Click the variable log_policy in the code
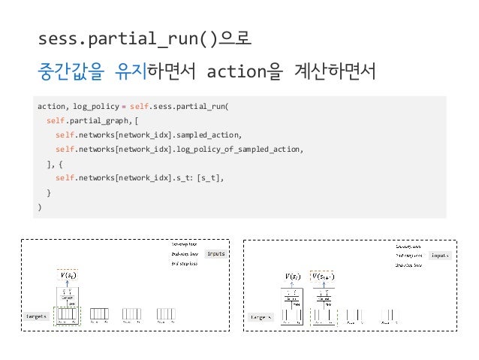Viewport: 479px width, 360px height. click(x=96, y=107)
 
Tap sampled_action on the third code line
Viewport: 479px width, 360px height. click(x=213, y=135)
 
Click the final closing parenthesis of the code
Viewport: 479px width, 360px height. click(x=40, y=207)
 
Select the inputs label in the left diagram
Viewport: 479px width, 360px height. click(x=215, y=254)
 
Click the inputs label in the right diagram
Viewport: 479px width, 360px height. click(x=441, y=256)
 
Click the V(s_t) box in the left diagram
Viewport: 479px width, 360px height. click(x=67, y=275)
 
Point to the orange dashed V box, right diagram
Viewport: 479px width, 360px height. click(x=323, y=275)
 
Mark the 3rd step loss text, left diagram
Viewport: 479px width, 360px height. click(x=184, y=263)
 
